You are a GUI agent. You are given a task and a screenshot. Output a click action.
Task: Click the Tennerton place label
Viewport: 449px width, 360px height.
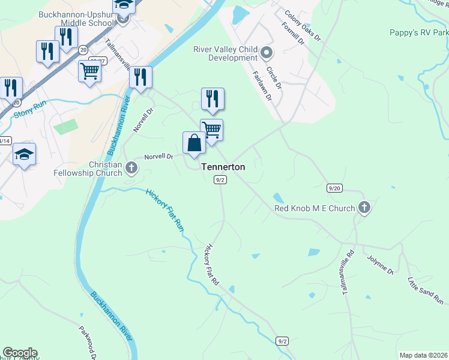pos(223,167)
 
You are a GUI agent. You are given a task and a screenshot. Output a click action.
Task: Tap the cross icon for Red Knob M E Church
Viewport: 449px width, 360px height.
pos(364,208)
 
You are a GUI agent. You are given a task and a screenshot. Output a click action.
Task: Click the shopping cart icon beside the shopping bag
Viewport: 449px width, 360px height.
pos(211,130)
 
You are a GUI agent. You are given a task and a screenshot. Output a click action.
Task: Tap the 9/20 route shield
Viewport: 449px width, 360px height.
pos(334,188)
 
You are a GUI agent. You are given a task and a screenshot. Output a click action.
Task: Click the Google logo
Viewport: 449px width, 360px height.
pos(20,353)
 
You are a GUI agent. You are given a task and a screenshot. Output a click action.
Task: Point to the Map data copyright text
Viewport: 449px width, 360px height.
pos(423,355)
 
